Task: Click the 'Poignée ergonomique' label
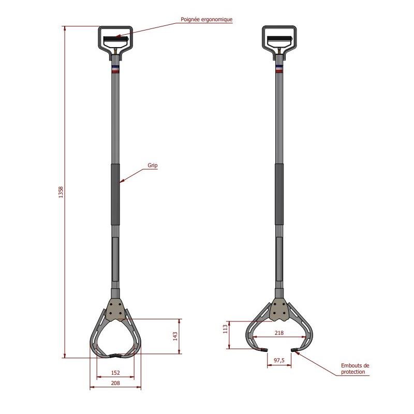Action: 206,19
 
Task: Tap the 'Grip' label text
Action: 153,165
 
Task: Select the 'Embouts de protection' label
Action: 355,368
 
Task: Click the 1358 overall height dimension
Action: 61,192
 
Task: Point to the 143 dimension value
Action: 175,336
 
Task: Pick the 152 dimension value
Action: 115,373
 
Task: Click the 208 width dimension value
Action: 115,383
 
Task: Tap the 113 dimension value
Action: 225,329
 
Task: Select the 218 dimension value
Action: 279,333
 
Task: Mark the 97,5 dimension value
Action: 279,360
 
